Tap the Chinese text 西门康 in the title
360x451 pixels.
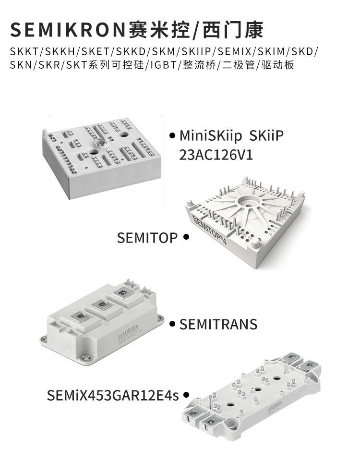233,30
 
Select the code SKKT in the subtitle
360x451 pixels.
24,52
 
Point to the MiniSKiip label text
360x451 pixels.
210,136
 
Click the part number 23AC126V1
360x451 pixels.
216,155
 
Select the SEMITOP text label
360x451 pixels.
147,238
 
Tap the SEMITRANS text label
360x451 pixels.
218,325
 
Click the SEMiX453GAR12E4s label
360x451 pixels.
113,395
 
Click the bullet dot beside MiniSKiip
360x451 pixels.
172,135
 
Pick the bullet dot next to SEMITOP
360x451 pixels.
186,237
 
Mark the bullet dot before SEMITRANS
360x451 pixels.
172,324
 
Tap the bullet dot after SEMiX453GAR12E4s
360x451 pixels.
186,395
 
